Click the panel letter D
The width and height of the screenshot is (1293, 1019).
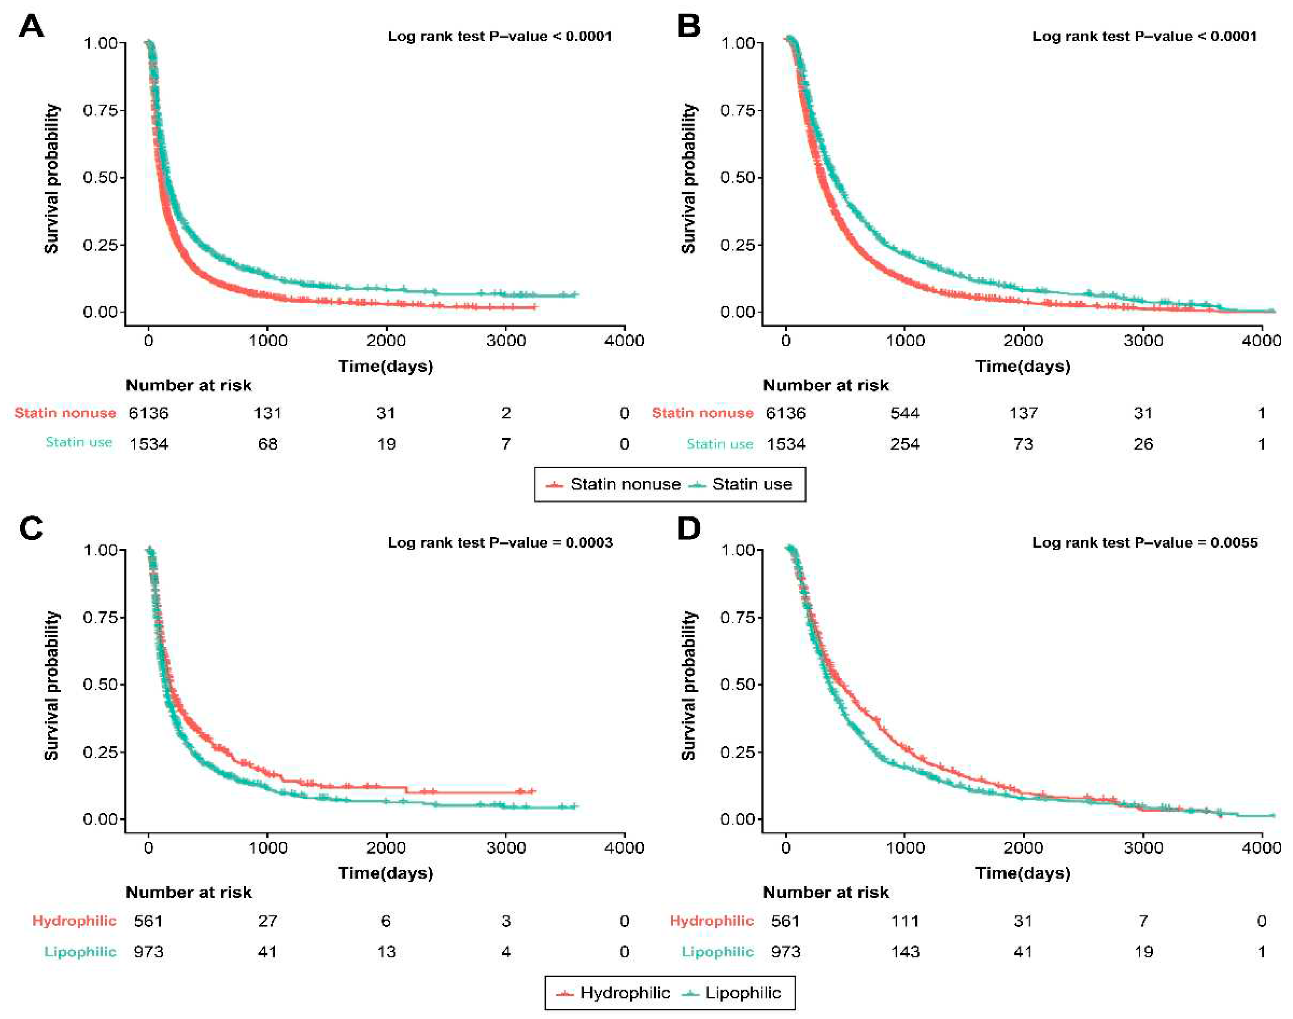[x=689, y=529]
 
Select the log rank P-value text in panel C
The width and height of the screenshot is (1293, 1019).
[x=500, y=542]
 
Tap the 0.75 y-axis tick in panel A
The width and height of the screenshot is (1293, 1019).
[x=104, y=110]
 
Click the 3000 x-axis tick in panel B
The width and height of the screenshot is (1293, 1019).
[x=1143, y=341]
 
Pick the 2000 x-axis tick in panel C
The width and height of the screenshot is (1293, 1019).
[x=386, y=848]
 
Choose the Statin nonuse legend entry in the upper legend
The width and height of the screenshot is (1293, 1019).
[x=625, y=484]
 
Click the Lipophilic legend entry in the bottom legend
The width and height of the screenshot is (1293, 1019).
[x=743, y=993]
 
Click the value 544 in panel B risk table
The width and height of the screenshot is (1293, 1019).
[x=905, y=413]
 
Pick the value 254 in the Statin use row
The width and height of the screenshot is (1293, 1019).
[x=905, y=444]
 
